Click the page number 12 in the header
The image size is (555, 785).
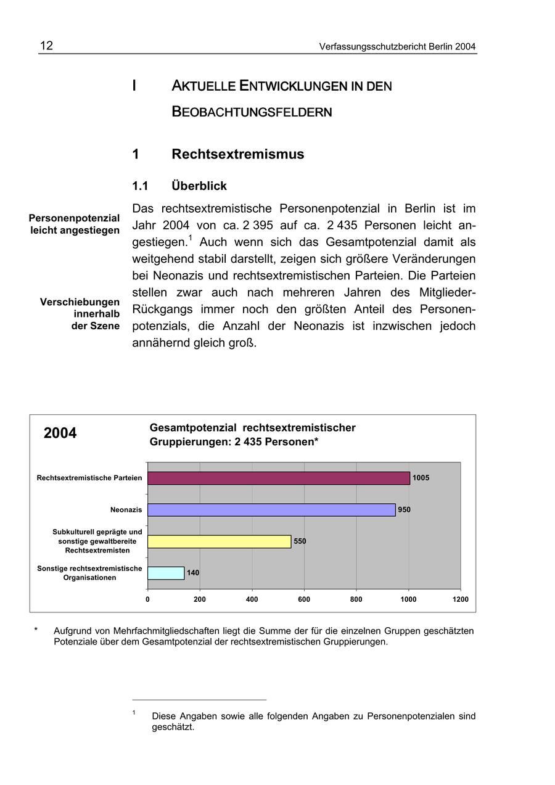pyautogui.click(x=47, y=46)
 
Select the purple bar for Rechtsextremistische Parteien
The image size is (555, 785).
pyautogui.click(x=279, y=478)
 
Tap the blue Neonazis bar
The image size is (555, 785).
pyautogui.click(x=271, y=510)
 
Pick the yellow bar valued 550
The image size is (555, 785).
pyautogui.click(x=219, y=541)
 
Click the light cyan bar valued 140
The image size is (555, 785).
pyautogui.click(x=166, y=573)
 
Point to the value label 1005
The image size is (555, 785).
pyautogui.click(x=421, y=478)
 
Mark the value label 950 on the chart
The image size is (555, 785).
pyautogui.click(x=404, y=510)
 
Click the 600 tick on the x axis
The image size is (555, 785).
pyautogui.click(x=304, y=599)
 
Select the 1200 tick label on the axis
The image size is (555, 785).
pyautogui.click(x=460, y=599)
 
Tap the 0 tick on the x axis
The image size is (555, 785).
pyautogui.click(x=147, y=599)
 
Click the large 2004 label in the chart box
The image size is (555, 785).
pyautogui.click(x=60, y=434)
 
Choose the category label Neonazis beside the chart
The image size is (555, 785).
pyautogui.click(x=126, y=510)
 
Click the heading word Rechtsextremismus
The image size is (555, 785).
pyautogui.click(x=237, y=154)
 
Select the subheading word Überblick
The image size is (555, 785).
pyautogui.click(x=199, y=186)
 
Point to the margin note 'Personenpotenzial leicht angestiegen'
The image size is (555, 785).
pyautogui.click(x=75, y=224)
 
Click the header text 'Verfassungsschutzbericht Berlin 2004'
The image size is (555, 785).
pyautogui.click(x=397, y=47)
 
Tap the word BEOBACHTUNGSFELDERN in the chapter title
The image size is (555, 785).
pyautogui.click(x=252, y=112)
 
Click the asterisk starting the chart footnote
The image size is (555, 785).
pyautogui.click(x=36, y=630)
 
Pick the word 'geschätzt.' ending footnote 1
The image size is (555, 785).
pyautogui.click(x=173, y=727)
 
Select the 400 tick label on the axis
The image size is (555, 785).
pyautogui.click(x=252, y=599)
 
